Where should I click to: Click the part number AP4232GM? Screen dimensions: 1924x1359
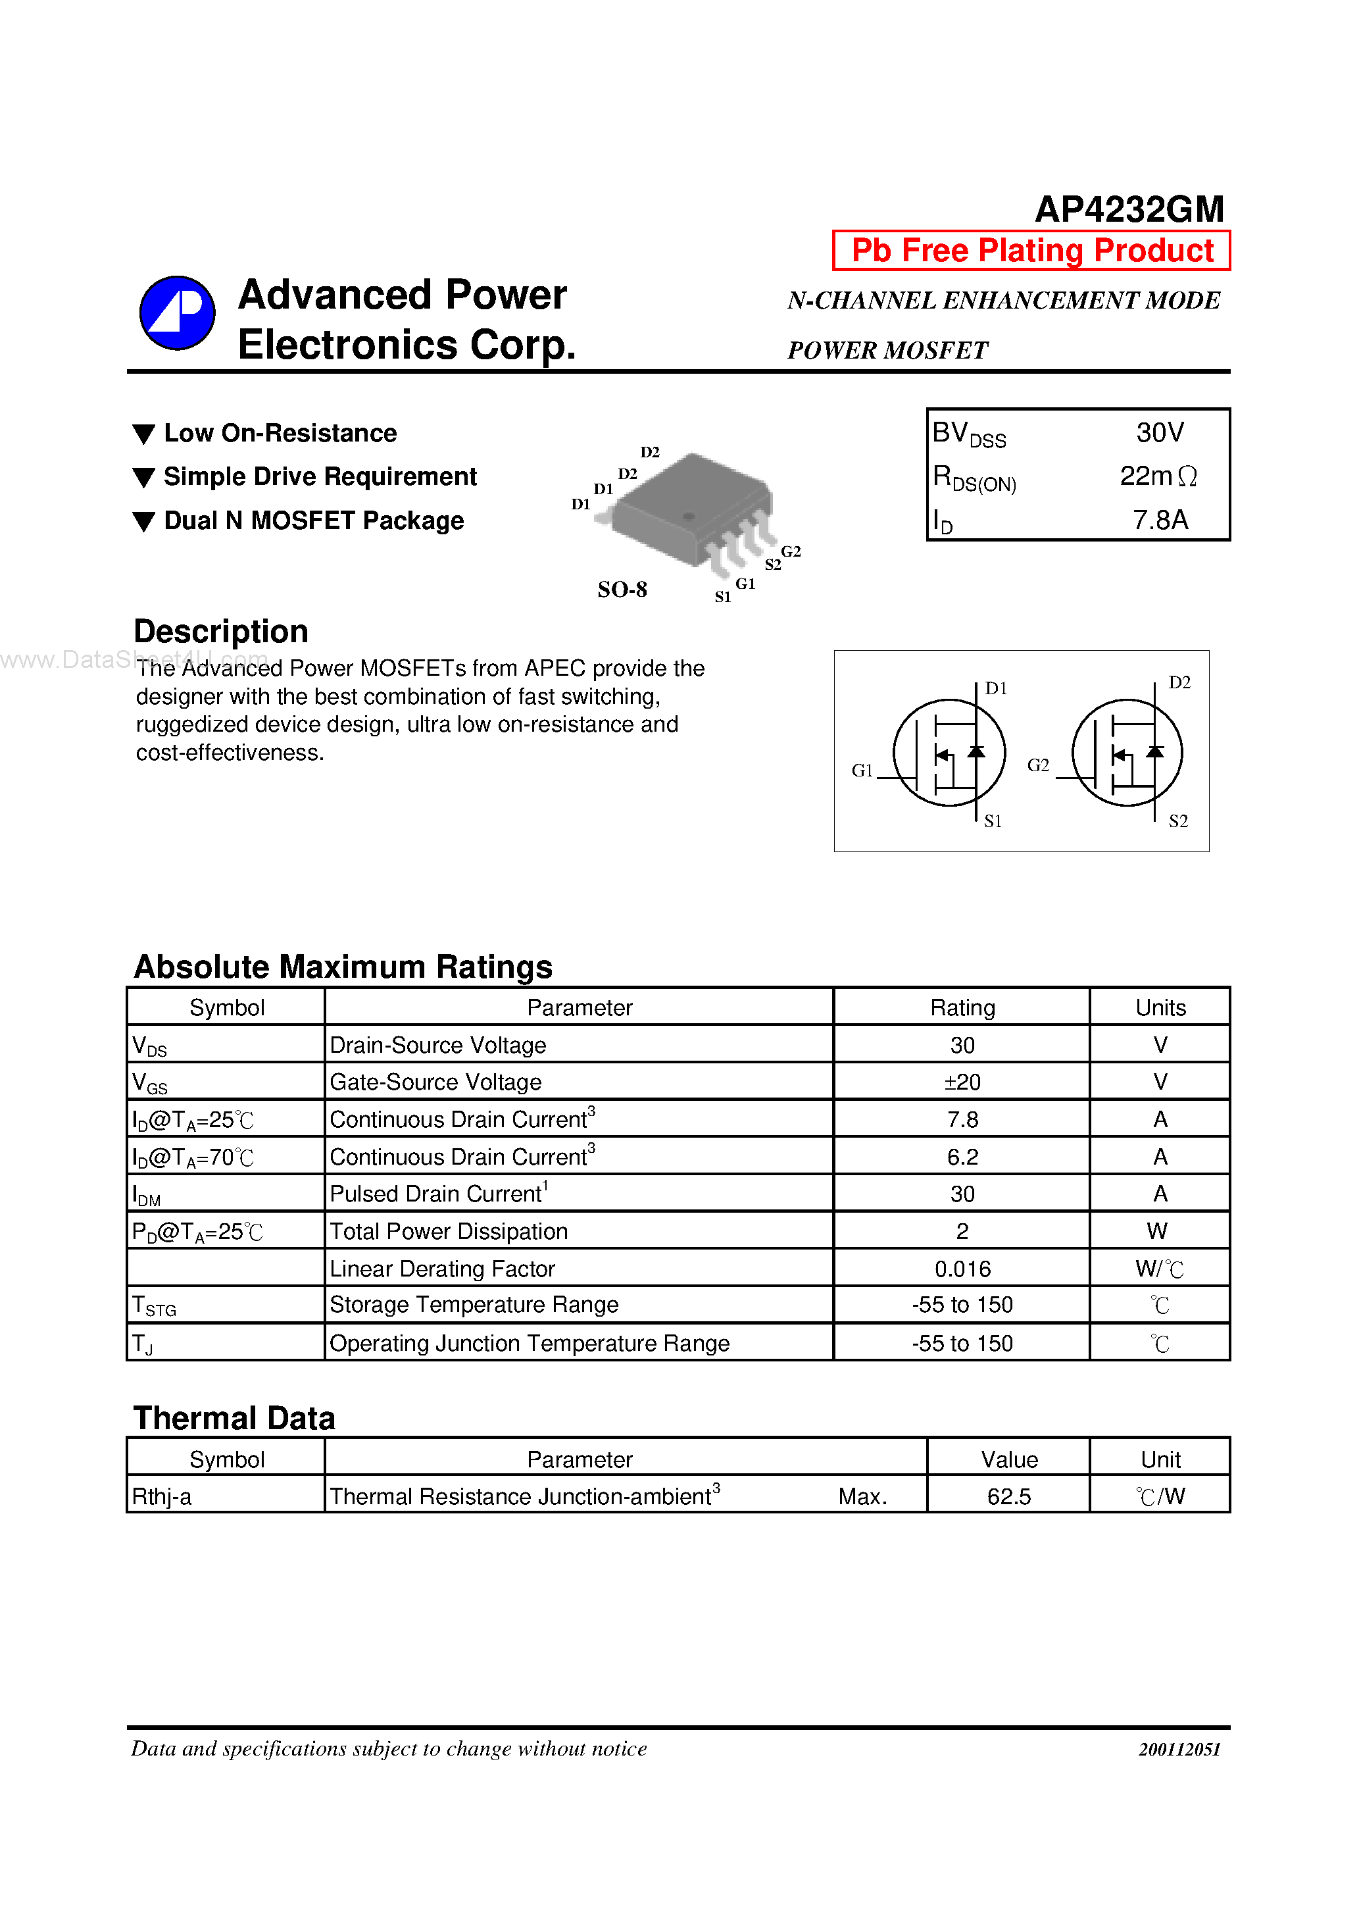(1129, 209)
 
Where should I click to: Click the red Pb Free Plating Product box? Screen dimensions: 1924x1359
(1031, 251)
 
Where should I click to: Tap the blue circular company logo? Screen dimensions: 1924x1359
(177, 313)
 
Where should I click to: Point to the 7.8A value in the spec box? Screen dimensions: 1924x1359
(1160, 520)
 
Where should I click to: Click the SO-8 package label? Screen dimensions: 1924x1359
(622, 590)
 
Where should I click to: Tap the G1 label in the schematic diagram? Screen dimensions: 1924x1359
(861, 770)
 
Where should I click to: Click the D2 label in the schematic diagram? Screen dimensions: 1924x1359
(1179, 683)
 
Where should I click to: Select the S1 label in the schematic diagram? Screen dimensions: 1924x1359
(992, 822)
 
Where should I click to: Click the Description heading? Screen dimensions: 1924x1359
(221, 632)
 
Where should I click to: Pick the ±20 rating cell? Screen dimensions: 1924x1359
(962, 1082)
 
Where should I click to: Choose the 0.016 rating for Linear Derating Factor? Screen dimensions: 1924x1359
(962, 1269)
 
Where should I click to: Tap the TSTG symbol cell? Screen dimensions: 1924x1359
(155, 1305)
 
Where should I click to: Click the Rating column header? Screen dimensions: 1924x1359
(962, 1008)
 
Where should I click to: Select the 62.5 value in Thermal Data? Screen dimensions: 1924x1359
(1009, 1497)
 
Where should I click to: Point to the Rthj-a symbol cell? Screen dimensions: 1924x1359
(162, 1497)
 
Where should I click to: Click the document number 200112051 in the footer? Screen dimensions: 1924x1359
(1179, 1750)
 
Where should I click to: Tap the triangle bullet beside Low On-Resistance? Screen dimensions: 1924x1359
(144, 434)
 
